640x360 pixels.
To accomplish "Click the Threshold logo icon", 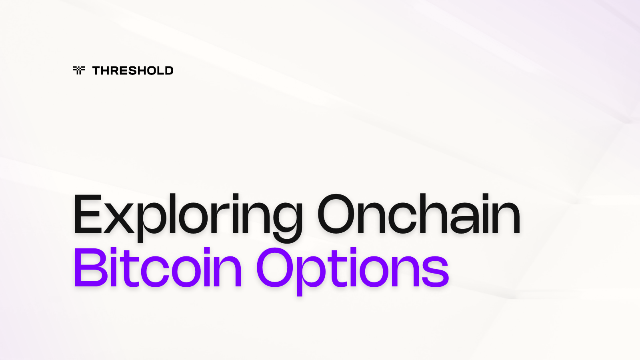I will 79,70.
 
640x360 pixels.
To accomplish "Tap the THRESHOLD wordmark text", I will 133,71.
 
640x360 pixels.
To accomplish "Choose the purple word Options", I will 352,269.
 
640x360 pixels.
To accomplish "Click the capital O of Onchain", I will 337,214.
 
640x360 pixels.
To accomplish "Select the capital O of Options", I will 276,267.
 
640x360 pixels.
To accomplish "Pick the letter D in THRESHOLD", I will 168,71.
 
